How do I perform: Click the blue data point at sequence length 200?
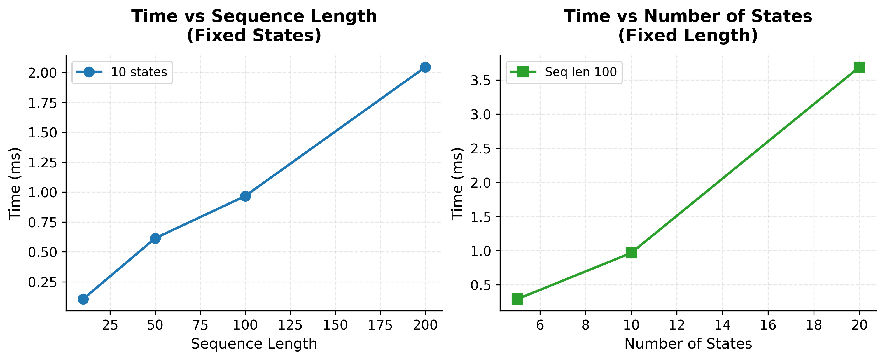click(x=425, y=67)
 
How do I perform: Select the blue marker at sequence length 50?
click(x=155, y=238)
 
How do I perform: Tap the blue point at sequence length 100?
click(x=245, y=196)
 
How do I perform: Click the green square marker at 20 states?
click(x=859, y=67)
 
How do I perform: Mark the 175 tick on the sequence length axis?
click(x=380, y=325)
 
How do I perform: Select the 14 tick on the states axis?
click(x=722, y=325)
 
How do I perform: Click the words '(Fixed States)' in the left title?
click(x=254, y=35)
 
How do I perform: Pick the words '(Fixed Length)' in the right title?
click(x=688, y=35)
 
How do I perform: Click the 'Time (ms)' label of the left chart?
click(x=15, y=184)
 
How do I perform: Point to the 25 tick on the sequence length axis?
click(x=110, y=325)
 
